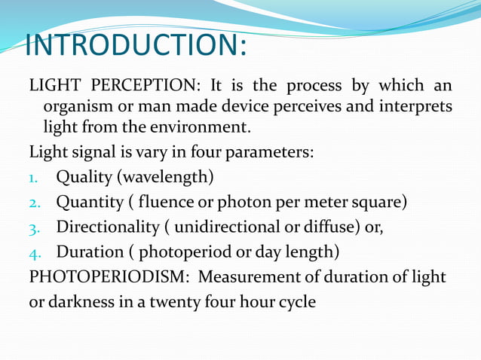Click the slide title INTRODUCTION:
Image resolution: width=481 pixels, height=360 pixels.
[136, 45]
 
